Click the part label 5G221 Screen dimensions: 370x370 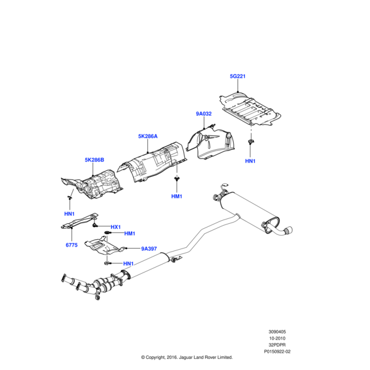tap(237, 76)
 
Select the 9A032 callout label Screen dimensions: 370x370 tap(203, 113)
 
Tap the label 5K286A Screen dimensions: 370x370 tap(148, 136)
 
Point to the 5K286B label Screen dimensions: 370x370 tap(94, 160)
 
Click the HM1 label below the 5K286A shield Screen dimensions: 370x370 tap(177, 196)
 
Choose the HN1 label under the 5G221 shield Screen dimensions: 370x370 tap(250, 161)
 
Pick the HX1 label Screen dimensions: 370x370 tap(116, 227)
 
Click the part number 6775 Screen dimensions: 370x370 tap(72, 245)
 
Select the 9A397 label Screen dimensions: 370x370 tap(149, 249)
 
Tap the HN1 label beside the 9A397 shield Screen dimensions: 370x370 tap(128, 263)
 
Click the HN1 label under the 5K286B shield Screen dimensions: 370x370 tap(69, 214)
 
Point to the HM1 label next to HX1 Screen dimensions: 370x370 tap(129, 233)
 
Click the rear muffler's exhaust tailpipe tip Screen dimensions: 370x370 tap(289, 231)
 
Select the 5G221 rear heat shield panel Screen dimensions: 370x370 tap(250, 109)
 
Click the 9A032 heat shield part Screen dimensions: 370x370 tap(211, 143)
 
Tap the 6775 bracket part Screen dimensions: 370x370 tap(79, 221)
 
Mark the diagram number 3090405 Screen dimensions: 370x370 tap(277, 332)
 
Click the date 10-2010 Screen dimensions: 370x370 tap(277, 338)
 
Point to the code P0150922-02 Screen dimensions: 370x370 tap(277, 351)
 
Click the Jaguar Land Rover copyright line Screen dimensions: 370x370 tap(187, 357)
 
